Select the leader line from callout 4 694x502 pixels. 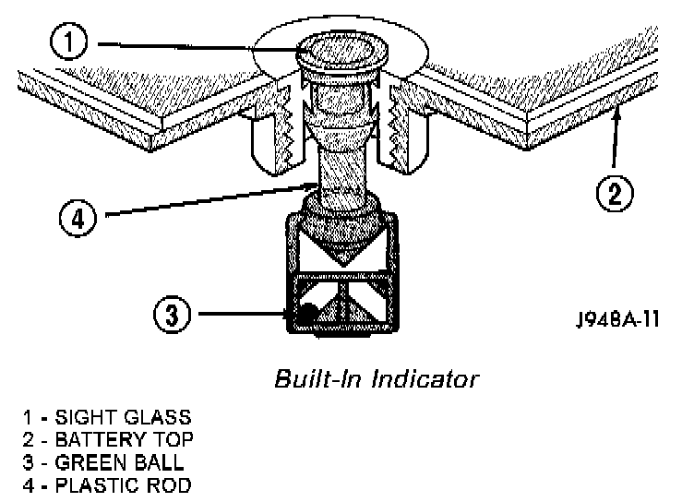[203, 202]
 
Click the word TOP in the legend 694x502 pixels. [174, 440]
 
